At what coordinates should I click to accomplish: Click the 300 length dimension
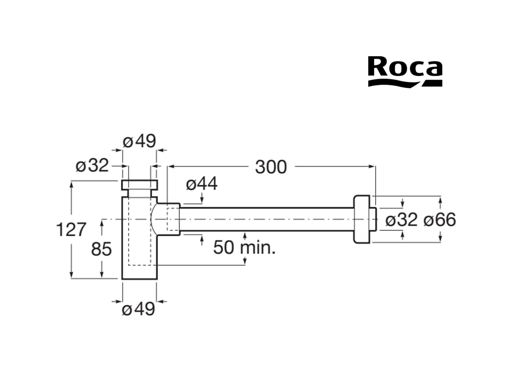pos(271,167)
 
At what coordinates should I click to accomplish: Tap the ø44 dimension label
pos(202,184)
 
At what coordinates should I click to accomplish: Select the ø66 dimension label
pos(439,220)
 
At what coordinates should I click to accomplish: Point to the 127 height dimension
pos(71,229)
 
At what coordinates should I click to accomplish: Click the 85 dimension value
pos(101,249)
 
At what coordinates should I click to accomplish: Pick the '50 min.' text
pos(244,247)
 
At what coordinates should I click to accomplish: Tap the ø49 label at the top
pos(139,141)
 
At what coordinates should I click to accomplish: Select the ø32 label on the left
pos(92,165)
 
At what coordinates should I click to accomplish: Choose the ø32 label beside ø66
pos(402,220)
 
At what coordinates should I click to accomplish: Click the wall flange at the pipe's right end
pos(363,219)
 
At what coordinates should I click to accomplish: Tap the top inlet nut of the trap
pos(139,184)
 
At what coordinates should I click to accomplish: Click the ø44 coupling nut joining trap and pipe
pos(172,219)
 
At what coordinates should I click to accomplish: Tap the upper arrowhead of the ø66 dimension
pos(440,200)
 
